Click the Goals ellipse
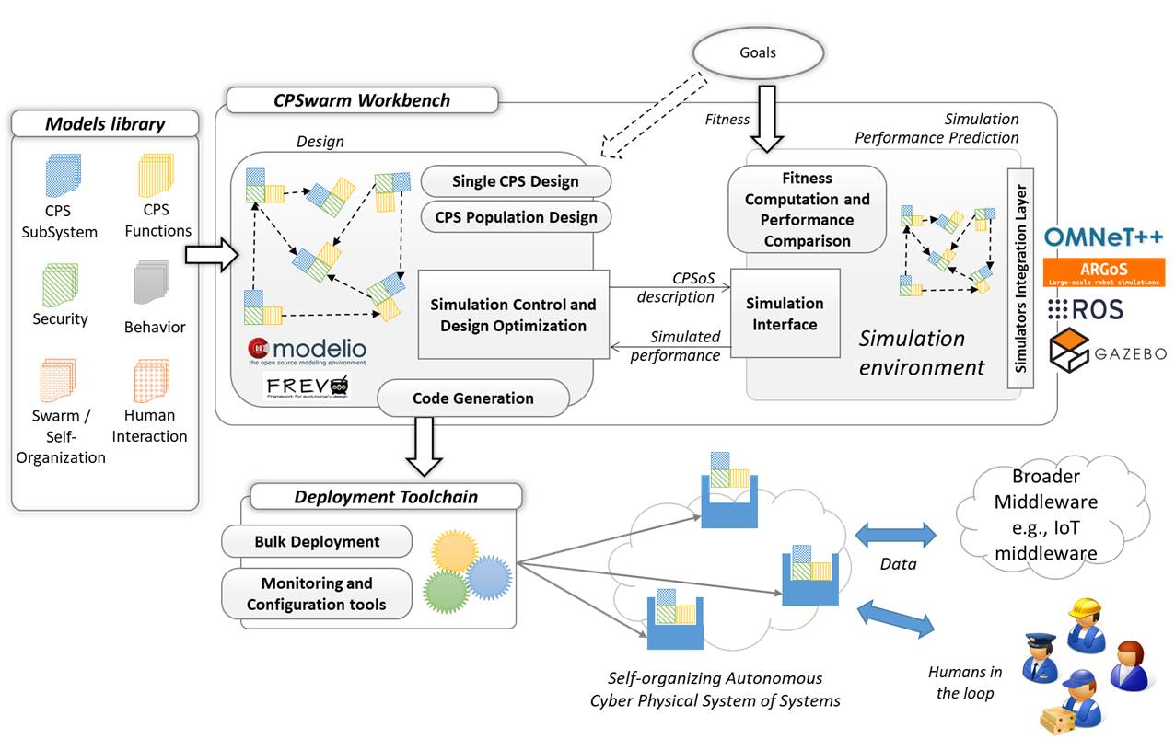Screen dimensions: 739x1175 tap(758, 52)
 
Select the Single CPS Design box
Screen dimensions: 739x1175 tap(516, 180)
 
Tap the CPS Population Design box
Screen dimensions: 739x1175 tap(516, 218)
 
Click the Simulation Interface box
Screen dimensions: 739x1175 tap(785, 313)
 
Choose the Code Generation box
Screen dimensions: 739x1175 tap(473, 398)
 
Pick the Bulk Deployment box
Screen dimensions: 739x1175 tap(317, 541)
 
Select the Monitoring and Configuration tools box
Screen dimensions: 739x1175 tap(317, 595)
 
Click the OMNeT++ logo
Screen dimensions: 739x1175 tap(1103, 237)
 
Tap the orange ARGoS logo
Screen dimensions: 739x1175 tap(1103, 271)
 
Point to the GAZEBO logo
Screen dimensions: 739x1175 tap(1108, 346)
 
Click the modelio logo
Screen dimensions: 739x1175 tap(307, 352)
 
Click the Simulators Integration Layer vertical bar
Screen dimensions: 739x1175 tap(1020, 278)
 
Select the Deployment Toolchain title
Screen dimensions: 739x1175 tap(386, 497)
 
